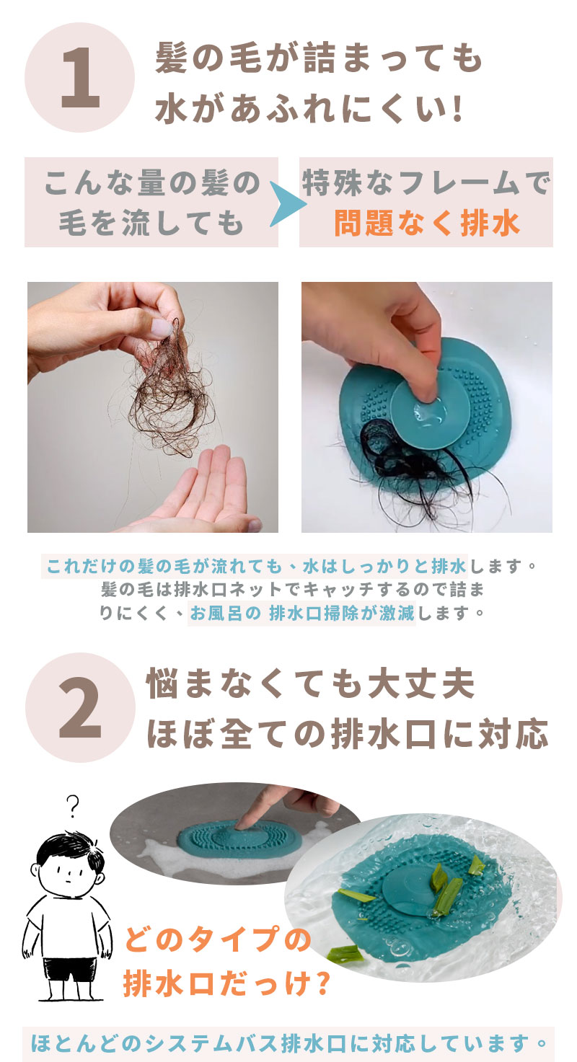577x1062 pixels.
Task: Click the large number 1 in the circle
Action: click(x=80, y=78)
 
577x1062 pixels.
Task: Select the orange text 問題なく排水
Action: click(x=427, y=223)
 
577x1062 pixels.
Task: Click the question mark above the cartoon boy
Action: click(x=72, y=806)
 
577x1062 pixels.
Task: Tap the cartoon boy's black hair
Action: click(x=71, y=849)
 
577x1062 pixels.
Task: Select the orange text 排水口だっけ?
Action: click(x=226, y=983)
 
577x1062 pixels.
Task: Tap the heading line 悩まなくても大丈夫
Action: click(x=311, y=683)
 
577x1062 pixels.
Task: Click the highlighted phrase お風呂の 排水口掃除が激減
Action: click(x=302, y=613)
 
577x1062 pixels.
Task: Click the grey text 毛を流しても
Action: click(x=151, y=224)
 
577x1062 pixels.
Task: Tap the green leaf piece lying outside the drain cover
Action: click(x=345, y=952)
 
